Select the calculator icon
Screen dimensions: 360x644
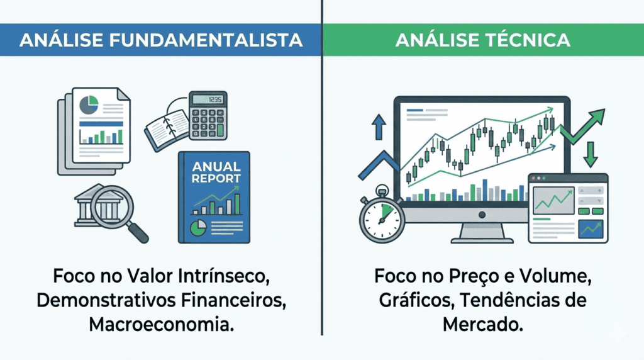208,115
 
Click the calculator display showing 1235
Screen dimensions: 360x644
208,99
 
